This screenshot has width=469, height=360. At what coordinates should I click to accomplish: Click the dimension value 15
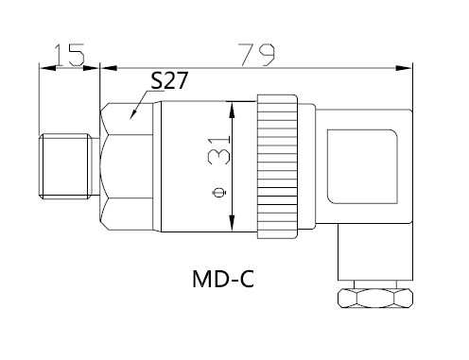click(69, 55)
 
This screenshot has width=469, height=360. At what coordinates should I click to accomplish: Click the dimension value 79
click(256, 55)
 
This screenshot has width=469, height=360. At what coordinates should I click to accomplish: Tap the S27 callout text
click(169, 80)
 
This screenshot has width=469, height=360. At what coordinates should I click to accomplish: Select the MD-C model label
click(223, 279)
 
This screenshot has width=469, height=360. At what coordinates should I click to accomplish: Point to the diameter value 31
click(219, 149)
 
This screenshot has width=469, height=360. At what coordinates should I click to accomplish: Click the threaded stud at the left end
click(65, 166)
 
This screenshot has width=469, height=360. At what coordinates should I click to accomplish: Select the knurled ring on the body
click(277, 166)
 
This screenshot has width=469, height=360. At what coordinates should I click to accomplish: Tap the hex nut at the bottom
click(375, 298)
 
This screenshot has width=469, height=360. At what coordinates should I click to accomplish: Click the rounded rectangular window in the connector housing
click(362, 166)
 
